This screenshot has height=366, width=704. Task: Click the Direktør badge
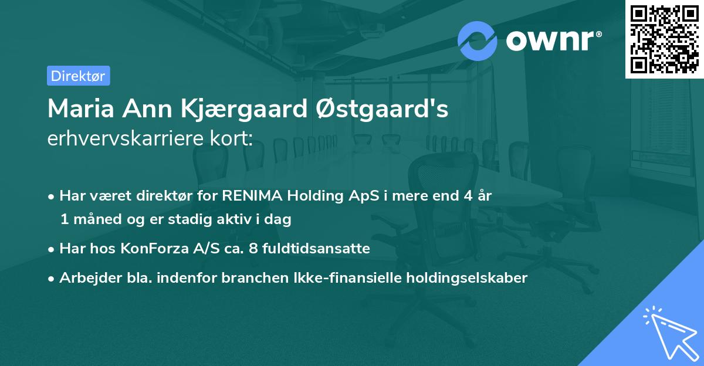pyautogui.click(x=78, y=76)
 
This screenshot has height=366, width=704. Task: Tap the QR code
pyautogui.click(x=664, y=39)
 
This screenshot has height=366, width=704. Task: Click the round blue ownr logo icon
pyautogui.click(x=477, y=40)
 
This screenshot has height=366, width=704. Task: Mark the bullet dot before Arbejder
pyautogui.click(x=52, y=279)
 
